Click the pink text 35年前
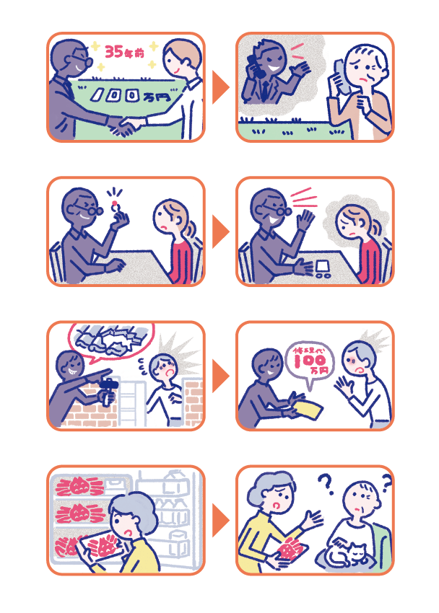click(x=124, y=51)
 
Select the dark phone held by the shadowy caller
click(x=255, y=66)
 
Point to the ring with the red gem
click(x=115, y=206)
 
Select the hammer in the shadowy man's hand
click(x=108, y=390)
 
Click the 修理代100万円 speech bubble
click(x=310, y=363)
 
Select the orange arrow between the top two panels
click(x=220, y=87)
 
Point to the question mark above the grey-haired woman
click(x=325, y=484)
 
